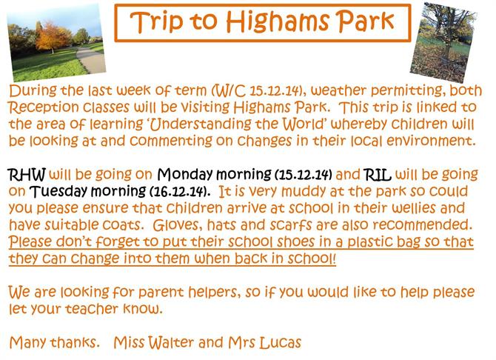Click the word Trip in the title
[x=157, y=21]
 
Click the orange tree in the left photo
[x=53, y=36]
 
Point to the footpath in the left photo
[x=91, y=60]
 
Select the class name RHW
[x=27, y=175]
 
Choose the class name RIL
[x=378, y=175]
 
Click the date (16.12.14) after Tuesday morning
[x=179, y=192]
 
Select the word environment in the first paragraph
[x=431, y=141]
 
